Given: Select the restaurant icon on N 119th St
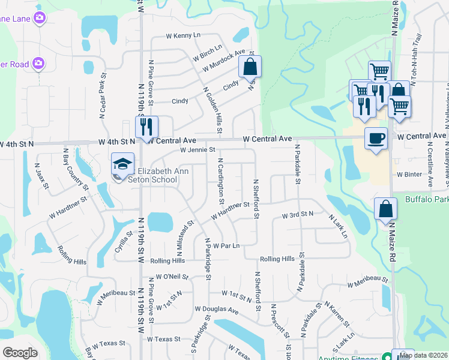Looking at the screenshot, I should pos(146,127).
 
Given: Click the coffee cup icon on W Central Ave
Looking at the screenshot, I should pos(376,139).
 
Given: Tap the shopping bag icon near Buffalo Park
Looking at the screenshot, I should pos(385,209).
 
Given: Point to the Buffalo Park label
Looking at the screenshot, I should pos(427,199).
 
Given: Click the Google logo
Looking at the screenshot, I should pos(19,353).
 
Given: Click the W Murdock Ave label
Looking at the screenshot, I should pos(224,61).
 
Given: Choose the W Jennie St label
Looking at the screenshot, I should pos(197,149).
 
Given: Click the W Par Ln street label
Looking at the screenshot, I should pos(226,246).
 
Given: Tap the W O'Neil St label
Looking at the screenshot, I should pos(172,277).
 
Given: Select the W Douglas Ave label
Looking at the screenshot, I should pos(216,310).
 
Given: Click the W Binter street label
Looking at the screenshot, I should pos(409,175).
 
